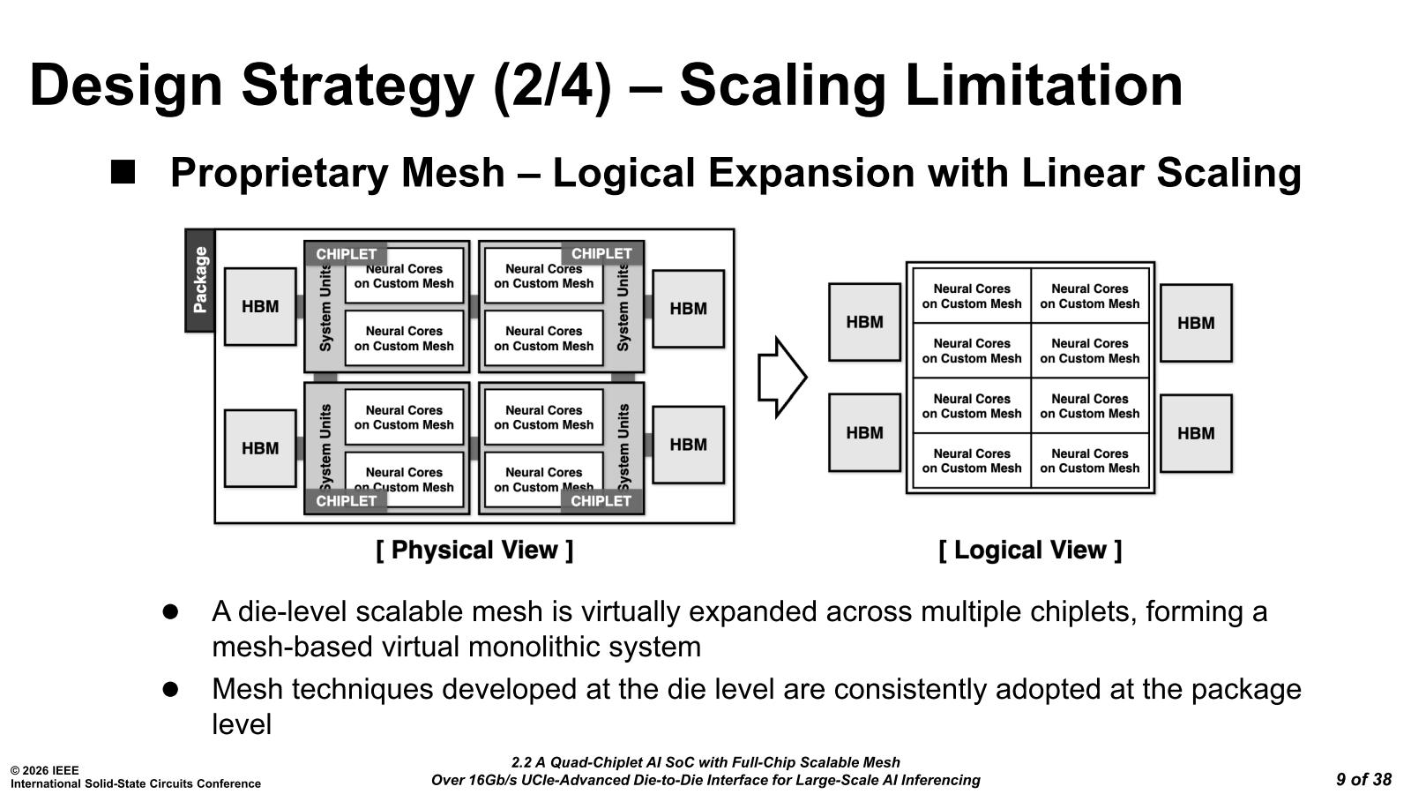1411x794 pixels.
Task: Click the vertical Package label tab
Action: [200, 281]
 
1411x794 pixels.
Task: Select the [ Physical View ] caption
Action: [474, 551]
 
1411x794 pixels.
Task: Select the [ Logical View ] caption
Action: [1030, 551]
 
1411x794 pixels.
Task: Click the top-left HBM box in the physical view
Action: [260, 307]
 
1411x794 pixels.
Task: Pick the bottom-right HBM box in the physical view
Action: [688, 445]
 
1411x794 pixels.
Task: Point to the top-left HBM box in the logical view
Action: [864, 322]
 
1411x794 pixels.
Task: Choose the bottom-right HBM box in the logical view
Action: [1196, 433]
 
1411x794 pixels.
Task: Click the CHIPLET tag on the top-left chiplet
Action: [346, 254]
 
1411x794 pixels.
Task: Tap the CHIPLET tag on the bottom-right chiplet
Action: [601, 501]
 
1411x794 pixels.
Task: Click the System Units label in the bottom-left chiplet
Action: [325, 447]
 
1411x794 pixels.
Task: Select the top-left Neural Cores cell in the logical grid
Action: [972, 296]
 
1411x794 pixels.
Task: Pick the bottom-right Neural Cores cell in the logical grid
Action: [1090, 461]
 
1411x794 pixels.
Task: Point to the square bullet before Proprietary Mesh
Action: [123, 171]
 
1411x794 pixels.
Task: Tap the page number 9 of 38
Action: [1363, 779]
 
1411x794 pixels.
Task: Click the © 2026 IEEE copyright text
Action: [44, 770]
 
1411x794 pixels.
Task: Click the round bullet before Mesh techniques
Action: [170, 689]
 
